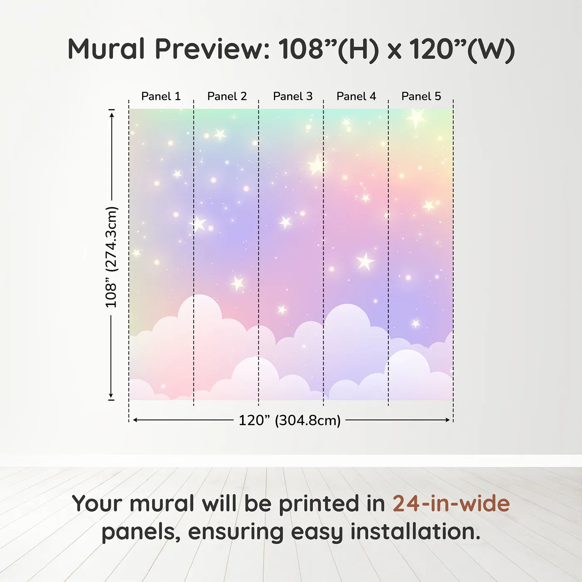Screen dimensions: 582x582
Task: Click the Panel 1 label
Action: click(161, 96)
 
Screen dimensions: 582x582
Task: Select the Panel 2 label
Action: click(227, 96)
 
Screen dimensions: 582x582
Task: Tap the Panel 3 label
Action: click(293, 96)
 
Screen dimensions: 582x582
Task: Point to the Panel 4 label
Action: click(356, 96)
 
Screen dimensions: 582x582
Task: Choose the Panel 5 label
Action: click(421, 96)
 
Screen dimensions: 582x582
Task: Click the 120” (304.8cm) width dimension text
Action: click(290, 420)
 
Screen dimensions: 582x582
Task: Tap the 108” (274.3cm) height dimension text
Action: click(111, 257)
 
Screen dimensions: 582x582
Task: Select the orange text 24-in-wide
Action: click(451, 503)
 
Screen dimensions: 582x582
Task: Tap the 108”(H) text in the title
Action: click(328, 49)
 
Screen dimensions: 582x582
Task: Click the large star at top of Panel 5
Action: click(416, 118)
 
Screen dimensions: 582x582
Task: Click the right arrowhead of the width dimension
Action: click(448, 420)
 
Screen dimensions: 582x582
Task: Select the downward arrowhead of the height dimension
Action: click(111, 395)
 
